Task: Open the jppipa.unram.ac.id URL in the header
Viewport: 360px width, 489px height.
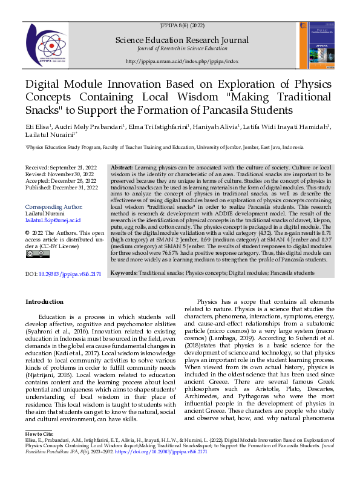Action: pos(182,61)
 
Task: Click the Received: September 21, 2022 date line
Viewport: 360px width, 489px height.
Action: pos(60,166)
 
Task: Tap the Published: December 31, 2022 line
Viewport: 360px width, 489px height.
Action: pos(61,188)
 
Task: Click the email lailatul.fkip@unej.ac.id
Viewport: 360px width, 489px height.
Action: pos(53,220)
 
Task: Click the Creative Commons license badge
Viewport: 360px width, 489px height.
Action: pos(34,254)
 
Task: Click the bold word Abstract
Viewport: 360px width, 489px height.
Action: pos(122,167)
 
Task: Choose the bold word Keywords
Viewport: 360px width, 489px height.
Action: pos(124,274)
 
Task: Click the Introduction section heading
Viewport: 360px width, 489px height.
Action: pos(44,301)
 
